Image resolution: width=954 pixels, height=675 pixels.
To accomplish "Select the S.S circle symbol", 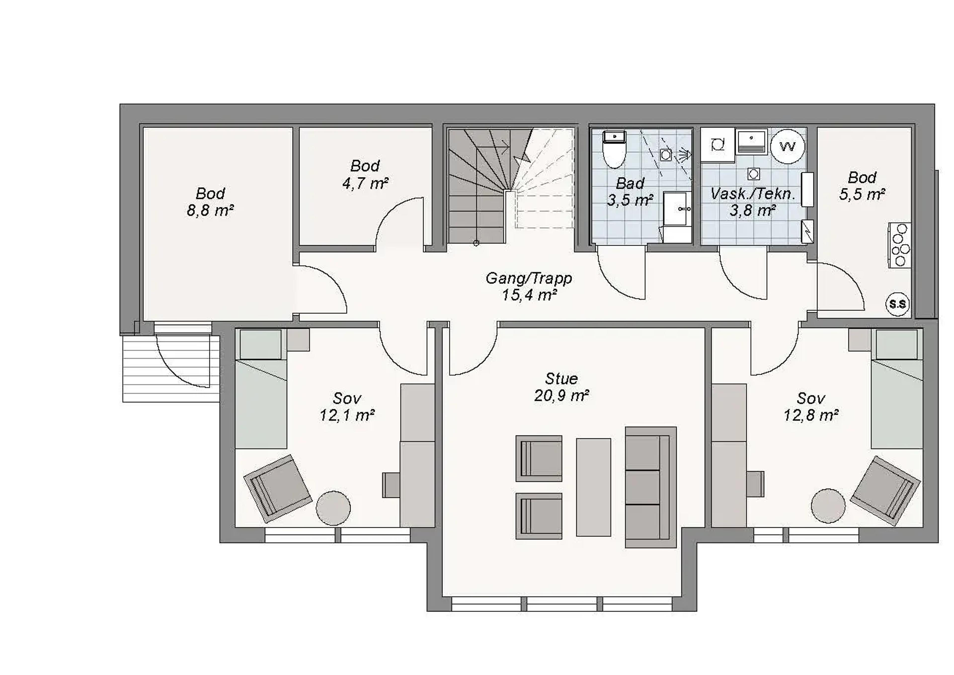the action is coord(897,304).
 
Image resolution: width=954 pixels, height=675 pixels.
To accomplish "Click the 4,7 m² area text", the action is coord(365,183).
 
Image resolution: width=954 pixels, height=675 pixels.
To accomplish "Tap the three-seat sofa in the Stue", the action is coord(651,487).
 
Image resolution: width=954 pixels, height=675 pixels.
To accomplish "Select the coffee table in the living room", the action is coord(594,487).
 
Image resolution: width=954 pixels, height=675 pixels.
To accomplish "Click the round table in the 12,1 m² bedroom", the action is coord(333,508).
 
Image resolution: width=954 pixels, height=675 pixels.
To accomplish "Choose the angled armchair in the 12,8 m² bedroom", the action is coord(884,491).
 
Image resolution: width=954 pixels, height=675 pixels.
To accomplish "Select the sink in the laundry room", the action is coord(751,142).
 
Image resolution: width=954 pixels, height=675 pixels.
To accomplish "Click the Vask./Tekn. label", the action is coord(753,194).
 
